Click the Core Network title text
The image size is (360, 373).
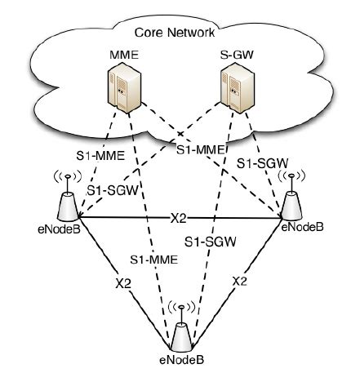coord(178,34)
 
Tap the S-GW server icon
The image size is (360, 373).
coord(233,90)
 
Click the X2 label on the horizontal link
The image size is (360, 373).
coord(180,219)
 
